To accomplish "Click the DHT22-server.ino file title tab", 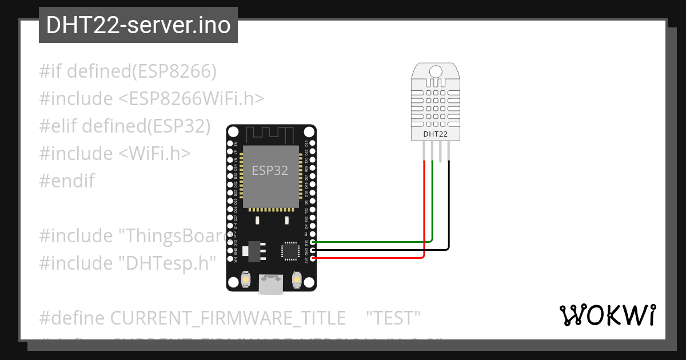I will pyautogui.click(x=138, y=25).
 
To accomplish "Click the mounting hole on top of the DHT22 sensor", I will pyautogui.click(x=436, y=71).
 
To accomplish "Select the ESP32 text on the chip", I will pyautogui.click(x=270, y=170).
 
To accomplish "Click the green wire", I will pyautogui.click(x=372, y=242).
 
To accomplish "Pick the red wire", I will pyautogui.click(x=372, y=258).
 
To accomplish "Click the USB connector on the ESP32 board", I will pyautogui.click(x=271, y=284).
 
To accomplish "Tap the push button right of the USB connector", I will pyautogui.click(x=296, y=279).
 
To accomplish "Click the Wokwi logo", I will pyautogui.click(x=607, y=315).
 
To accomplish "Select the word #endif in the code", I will pyautogui.click(x=67, y=181).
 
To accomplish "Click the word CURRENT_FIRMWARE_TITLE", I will pyautogui.click(x=228, y=318).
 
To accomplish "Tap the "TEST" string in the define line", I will pyautogui.click(x=393, y=318).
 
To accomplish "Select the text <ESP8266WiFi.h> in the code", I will pyautogui.click(x=192, y=99).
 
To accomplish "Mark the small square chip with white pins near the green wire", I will pyautogui.click(x=289, y=251).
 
